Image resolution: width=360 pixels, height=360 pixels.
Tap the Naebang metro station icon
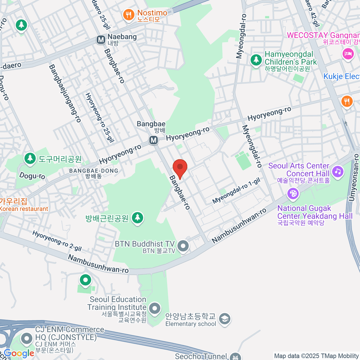click(101, 40)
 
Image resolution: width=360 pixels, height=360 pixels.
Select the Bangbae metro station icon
click(154, 140)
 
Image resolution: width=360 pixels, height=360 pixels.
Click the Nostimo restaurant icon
click(129, 15)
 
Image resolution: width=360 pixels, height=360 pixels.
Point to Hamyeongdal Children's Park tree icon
click(256, 60)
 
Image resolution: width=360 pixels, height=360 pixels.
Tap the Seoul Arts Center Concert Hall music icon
click(338, 171)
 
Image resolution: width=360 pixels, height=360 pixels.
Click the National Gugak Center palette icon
click(293, 193)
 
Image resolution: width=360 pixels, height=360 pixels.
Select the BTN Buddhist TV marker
click(183, 246)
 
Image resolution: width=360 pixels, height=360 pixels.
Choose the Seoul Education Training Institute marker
click(155, 308)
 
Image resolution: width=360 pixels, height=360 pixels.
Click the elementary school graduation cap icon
click(224, 319)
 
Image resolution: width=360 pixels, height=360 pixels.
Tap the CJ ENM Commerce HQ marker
click(27, 339)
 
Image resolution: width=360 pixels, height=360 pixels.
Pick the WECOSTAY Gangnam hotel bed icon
click(348, 54)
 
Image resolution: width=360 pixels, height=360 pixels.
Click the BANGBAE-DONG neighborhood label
click(94, 171)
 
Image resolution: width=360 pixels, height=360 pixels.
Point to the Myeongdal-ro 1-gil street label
click(236, 190)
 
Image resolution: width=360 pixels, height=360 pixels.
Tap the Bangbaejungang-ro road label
click(65, 94)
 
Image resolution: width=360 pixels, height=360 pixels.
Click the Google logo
click(19, 353)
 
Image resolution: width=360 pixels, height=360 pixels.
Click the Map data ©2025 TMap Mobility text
click(316, 356)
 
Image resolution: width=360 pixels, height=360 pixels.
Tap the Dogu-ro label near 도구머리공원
click(32, 176)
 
